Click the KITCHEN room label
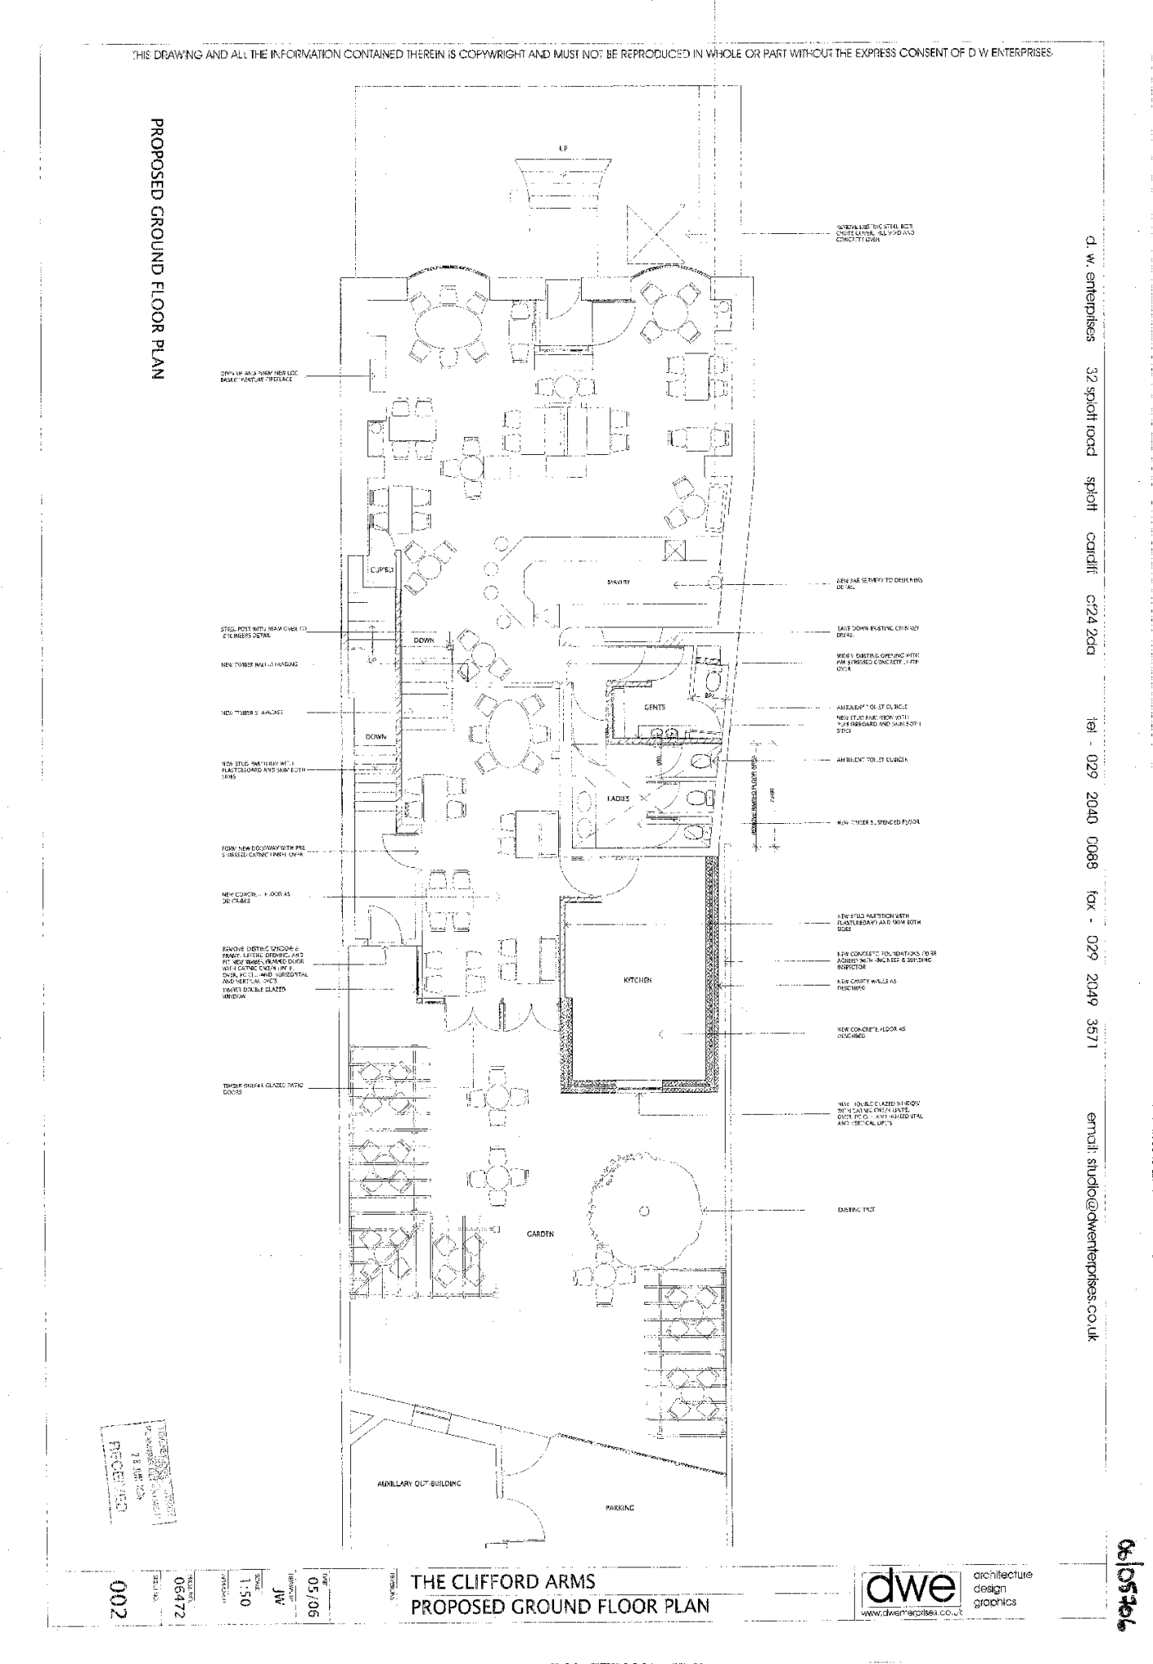tap(637, 981)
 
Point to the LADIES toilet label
tap(618, 799)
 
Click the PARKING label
tap(620, 1507)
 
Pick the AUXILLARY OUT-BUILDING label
tap(419, 1484)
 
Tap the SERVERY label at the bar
tap(618, 583)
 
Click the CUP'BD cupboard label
tap(382, 570)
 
